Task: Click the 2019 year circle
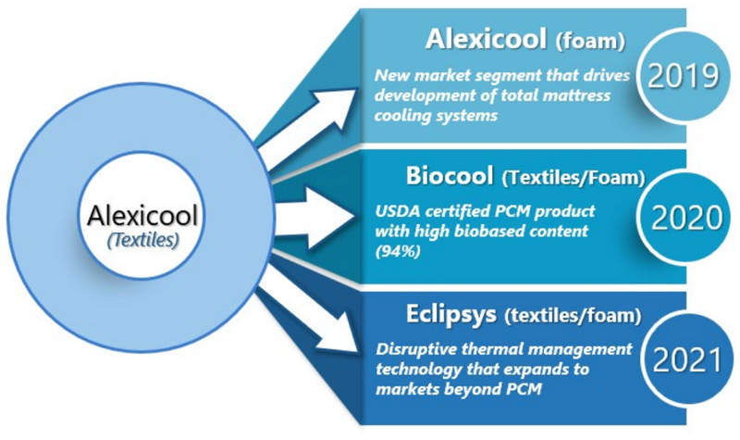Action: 683,76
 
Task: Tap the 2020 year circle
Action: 685,217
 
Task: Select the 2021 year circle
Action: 687,359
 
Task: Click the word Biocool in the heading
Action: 450,176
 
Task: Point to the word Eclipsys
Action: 451,315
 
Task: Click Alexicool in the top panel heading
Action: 487,39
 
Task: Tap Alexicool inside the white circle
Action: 142,216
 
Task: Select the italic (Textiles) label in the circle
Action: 143,240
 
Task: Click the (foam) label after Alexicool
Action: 590,41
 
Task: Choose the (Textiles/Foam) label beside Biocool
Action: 573,178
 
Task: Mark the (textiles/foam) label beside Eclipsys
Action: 573,316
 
